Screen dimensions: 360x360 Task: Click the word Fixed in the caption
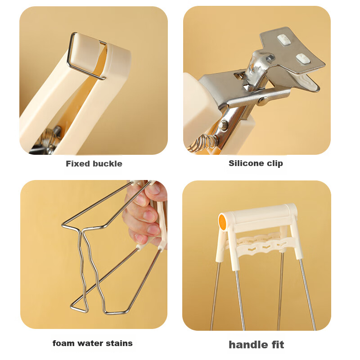click(77, 164)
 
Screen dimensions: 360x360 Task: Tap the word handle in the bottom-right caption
click(248, 345)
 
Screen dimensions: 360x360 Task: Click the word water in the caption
click(90, 343)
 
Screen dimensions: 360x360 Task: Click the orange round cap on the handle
click(222, 221)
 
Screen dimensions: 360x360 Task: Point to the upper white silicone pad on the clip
click(284, 40)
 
